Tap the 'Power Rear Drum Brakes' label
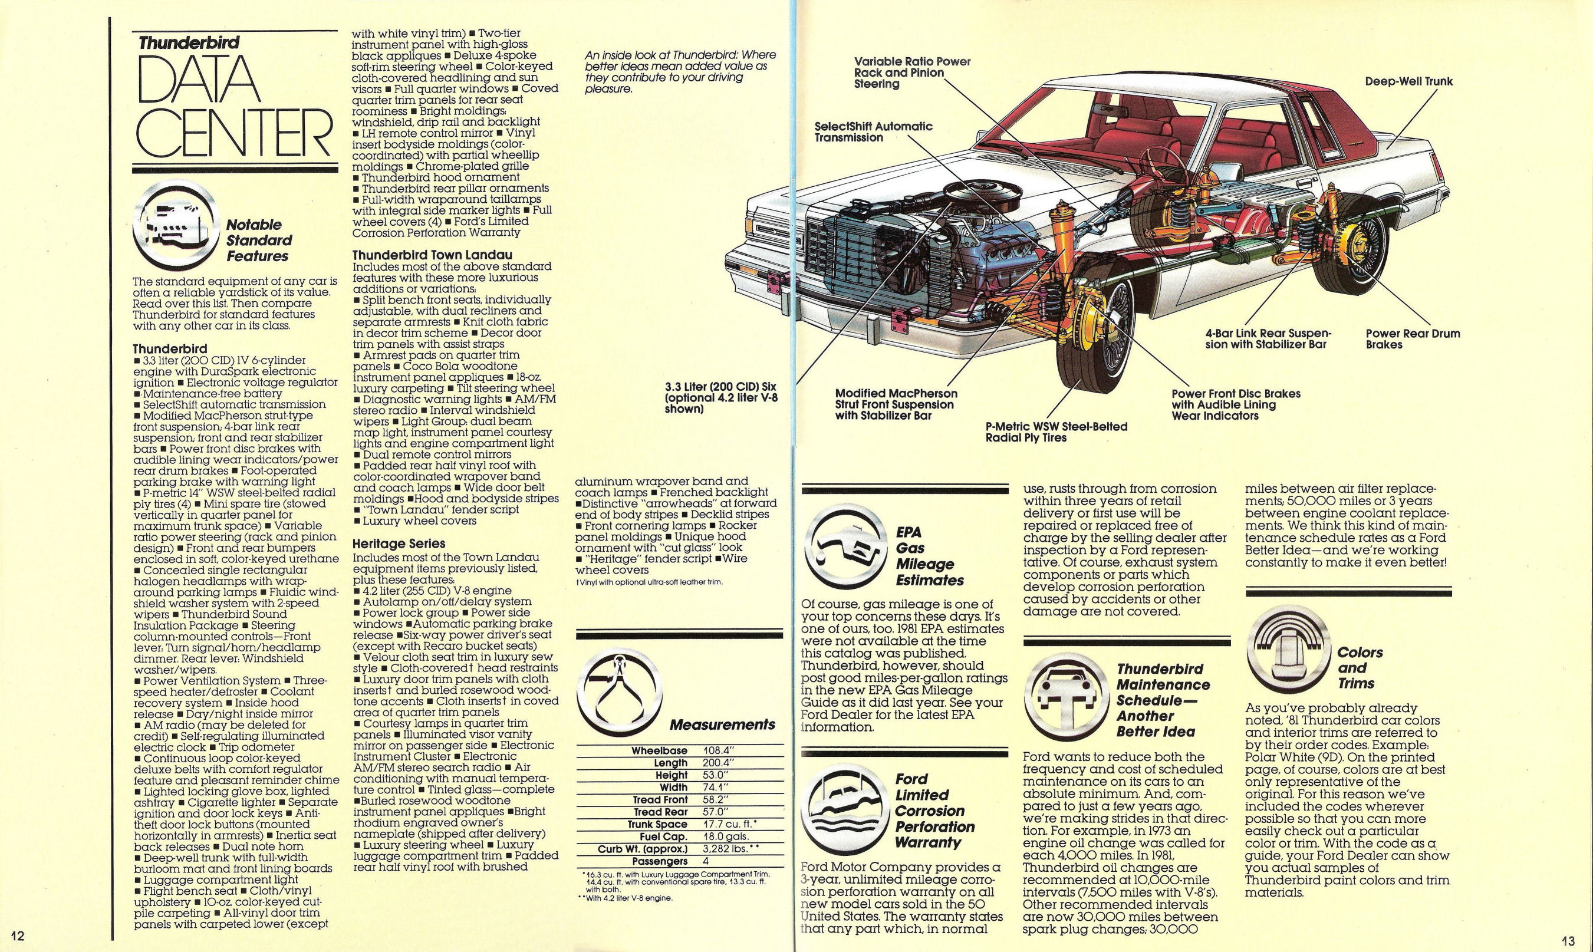(1413, 339)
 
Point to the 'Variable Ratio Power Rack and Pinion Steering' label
(911, 73)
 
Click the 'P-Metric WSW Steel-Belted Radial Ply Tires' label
(1056, 431)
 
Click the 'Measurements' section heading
(722, 725)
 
